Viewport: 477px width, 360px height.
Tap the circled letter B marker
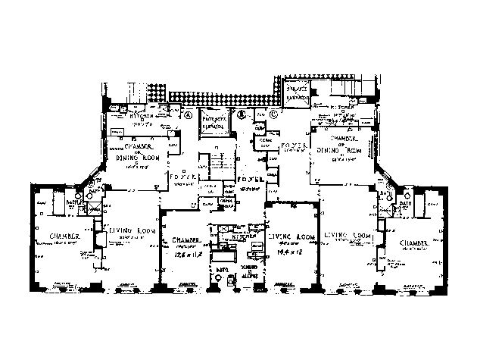tap(240, 115)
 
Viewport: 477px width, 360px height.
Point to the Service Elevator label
tap(297, 94)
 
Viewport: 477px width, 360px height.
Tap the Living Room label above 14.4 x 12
tap(286, 236)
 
